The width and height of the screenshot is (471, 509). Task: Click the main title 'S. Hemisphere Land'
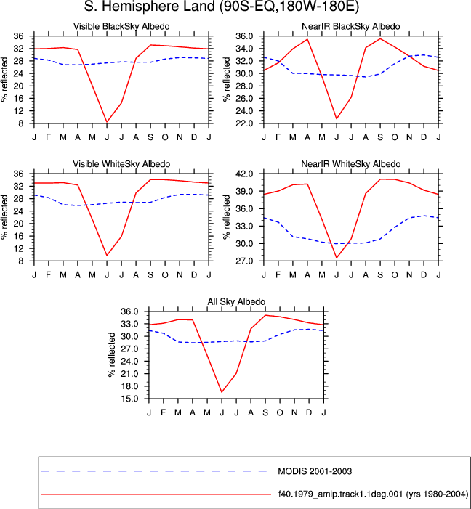[x=149, y=7]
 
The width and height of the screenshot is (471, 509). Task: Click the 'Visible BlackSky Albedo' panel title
[x=121, y=26]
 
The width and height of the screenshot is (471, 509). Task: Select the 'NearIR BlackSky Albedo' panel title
[x=351, y=26]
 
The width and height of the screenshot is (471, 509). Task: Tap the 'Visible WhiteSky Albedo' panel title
[x=121, y=164]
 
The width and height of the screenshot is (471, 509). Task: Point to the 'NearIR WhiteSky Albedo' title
[x=351, y=164]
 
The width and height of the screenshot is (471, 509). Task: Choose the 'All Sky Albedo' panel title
[x=236, y=301]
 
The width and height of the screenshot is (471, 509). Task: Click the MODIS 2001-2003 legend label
[x=315, y=471]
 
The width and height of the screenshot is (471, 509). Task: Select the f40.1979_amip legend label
[x=373, y=494]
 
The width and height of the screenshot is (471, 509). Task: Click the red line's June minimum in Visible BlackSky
[x=107, y=122]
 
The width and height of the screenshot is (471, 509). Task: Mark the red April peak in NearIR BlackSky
[x=307, y=39]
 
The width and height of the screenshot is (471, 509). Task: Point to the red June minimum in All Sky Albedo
[x=222, y=392]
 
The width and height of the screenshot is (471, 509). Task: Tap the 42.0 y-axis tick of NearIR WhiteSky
[x=245, y=174]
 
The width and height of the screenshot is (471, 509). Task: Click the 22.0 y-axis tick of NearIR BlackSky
[x=245, y=123]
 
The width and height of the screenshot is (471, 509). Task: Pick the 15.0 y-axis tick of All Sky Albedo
[x=130, y=399]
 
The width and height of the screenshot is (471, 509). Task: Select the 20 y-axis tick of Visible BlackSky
[x=18, y=86]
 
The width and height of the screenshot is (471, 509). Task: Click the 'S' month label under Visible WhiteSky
[x=150, y=275]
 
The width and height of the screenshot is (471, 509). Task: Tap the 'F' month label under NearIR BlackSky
[x=278, y=137]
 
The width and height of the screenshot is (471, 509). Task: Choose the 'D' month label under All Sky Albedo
[x=309, y=412]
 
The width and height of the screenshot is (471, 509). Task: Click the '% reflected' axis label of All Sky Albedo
[x=112, y=355]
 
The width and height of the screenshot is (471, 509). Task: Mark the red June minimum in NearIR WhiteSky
[x=337, y=258]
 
